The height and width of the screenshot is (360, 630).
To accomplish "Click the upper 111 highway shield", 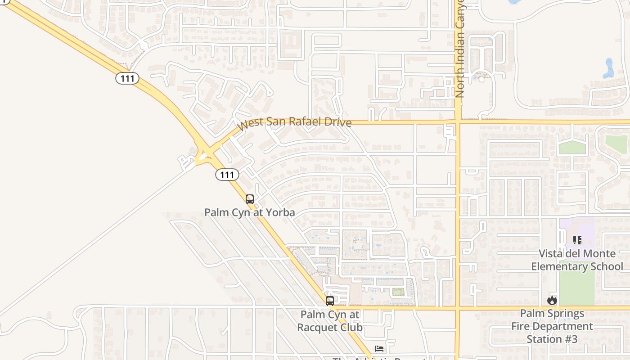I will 127,78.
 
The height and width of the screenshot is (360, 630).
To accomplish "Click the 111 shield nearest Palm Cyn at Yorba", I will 227,174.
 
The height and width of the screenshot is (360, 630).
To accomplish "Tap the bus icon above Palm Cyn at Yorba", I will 250,199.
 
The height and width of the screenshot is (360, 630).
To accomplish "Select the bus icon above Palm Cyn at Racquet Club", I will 330,301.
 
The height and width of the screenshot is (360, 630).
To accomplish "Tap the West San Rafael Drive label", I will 294,121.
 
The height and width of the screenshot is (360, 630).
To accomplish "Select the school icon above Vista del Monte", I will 577,240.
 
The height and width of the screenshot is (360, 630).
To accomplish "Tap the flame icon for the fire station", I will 552,300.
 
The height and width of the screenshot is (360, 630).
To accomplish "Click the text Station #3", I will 552,339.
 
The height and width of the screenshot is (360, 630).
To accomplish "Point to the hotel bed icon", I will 379,349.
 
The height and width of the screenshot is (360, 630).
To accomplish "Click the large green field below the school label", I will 577,288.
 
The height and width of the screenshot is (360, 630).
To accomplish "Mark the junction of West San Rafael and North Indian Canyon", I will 458,121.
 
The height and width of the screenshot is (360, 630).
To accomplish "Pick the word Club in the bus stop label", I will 351,327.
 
